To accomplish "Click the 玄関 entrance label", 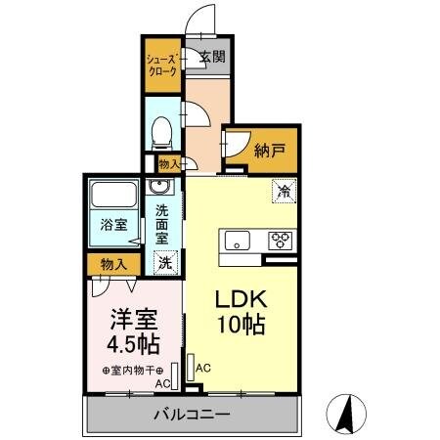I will pyautogui.click(x=212, y=56).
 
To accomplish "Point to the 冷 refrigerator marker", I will pyautogui.click(x=283, y=193).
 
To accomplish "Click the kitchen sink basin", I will pyautogui.click(x=238, y=239).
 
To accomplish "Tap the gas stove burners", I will pyautogui.click(x=280, y=239).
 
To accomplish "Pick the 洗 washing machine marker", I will pyautogui.click(x=165, y=262).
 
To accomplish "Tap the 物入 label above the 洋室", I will pyautogui.click(x=112, y=264).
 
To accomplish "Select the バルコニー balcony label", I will pyautogui.click(x=192, y=415).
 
